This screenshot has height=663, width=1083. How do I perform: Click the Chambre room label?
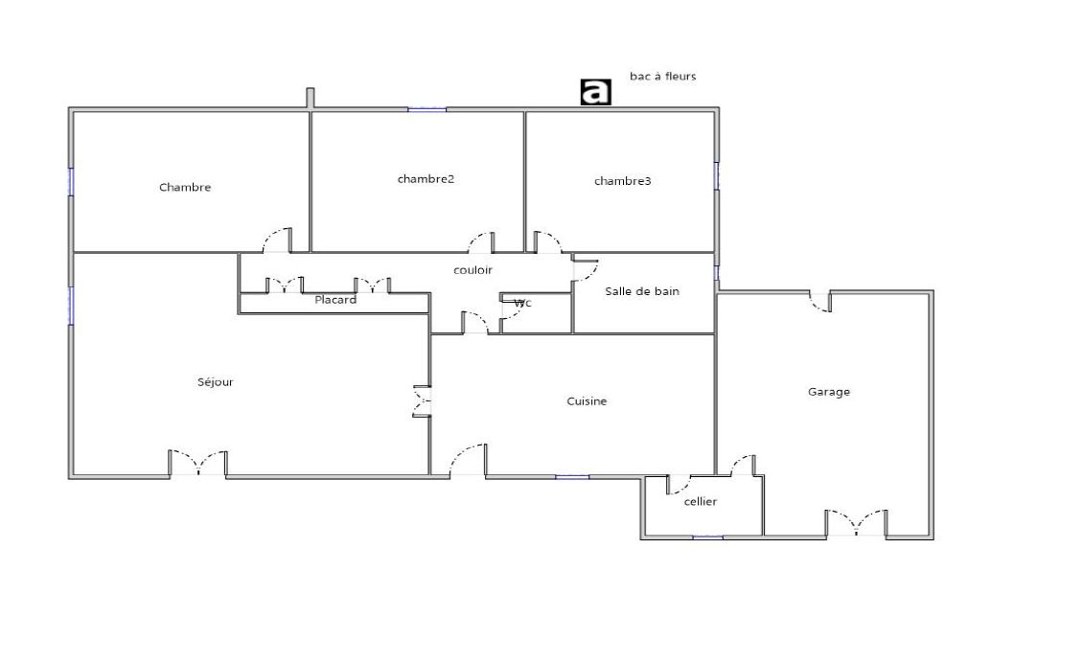tap(185, 187)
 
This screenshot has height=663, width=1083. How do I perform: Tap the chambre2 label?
tap(426, 179)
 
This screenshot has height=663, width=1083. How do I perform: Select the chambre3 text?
tap(623, 181)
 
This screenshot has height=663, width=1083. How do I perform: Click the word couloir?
tap(473, 270)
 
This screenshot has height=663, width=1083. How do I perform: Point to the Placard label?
tap(335, 300)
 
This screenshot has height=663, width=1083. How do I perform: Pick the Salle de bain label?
tap(642, 291)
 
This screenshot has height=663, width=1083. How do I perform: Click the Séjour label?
tap(216, 382)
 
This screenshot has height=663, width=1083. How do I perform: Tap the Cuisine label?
tap(588, 401)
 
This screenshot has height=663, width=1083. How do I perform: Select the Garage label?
tap(829, 392)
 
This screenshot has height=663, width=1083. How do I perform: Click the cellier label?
tap(701, 501)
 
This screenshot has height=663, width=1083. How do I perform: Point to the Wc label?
tap(523, 303)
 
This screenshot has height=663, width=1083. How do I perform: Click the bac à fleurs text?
tap(663, 76)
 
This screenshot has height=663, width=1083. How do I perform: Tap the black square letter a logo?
tap(595, 92)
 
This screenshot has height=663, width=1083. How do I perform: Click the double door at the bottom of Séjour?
tap(198, 464)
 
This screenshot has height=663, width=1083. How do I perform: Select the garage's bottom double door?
tap(857, 523)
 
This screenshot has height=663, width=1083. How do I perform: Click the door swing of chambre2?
tap(481, 242)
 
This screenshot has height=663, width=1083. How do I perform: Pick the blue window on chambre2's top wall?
tap(426, 109)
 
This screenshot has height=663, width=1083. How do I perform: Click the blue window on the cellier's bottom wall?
tap(707, 537)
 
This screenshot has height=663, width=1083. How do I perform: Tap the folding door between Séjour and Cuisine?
tap(422, 400)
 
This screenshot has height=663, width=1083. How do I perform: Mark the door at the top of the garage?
tap(820, 303)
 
